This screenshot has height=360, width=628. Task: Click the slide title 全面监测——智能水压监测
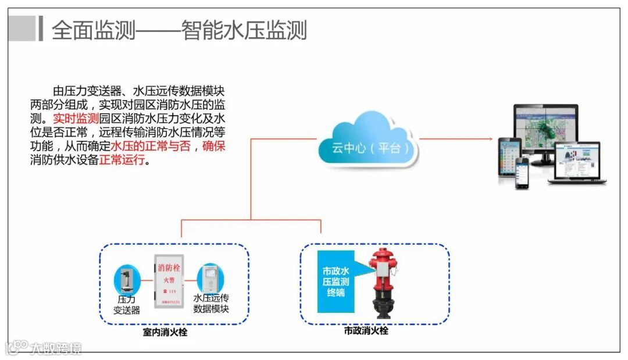tap(179, 30)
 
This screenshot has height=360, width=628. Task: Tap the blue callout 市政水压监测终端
tap(336, 282)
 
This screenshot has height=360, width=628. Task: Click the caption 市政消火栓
tap(366, 331)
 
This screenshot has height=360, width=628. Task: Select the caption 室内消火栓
tap(165, 333)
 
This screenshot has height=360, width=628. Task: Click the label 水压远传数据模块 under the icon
tap(211, 304)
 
